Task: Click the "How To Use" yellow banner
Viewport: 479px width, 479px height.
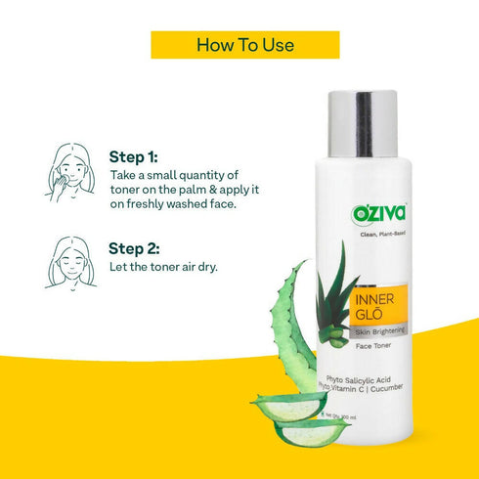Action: click(245, 45)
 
